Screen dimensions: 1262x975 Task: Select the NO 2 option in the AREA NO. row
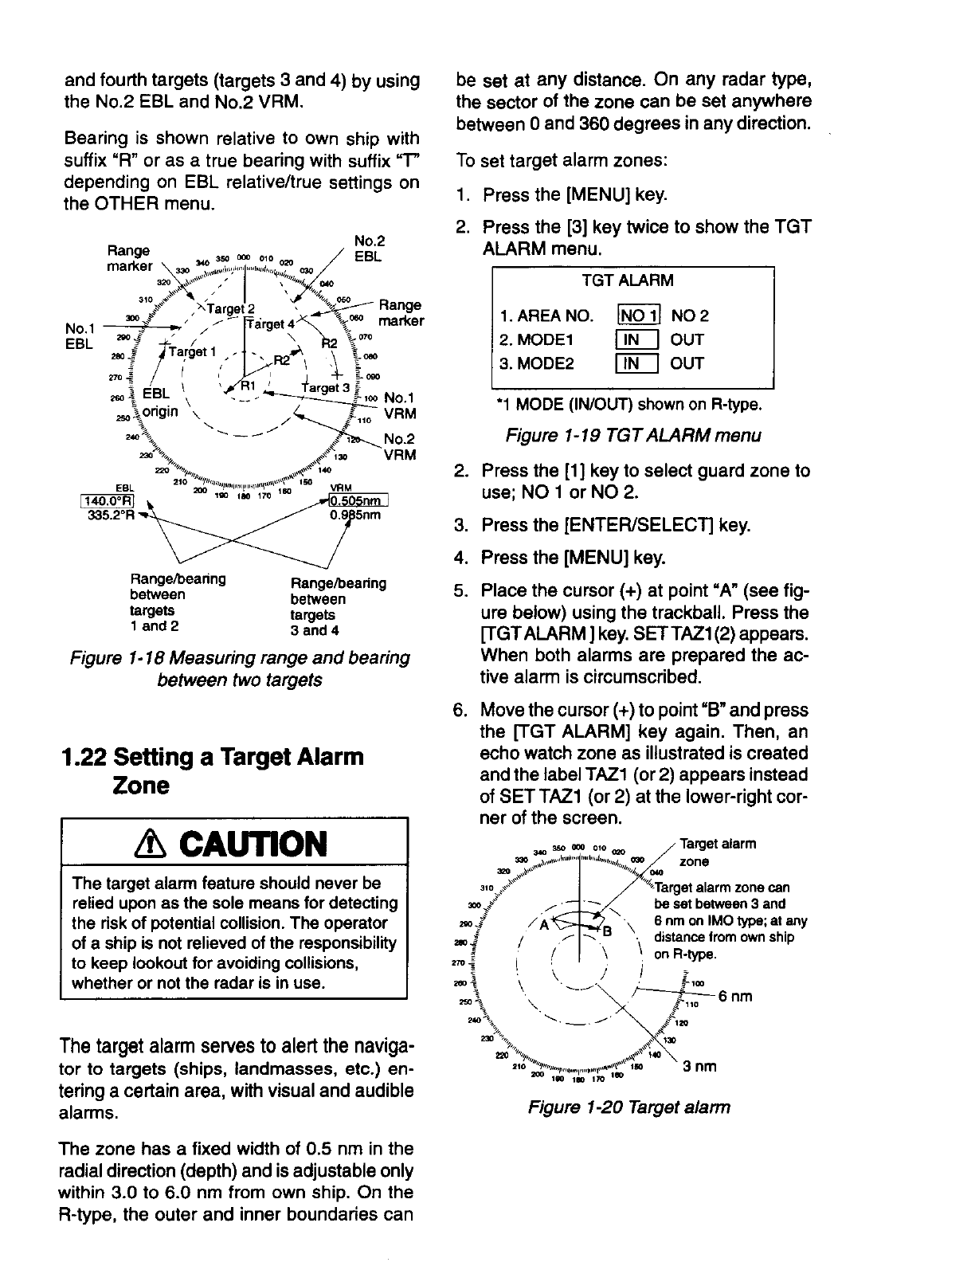[690, 315]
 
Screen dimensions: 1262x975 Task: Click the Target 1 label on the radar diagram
[186, 351]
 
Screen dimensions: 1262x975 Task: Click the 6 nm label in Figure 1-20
[735, 997]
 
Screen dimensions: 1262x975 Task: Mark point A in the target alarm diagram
[546, 925]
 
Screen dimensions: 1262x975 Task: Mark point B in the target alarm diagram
[606, 931]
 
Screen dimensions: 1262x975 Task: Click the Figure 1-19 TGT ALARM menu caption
[632, 436]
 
